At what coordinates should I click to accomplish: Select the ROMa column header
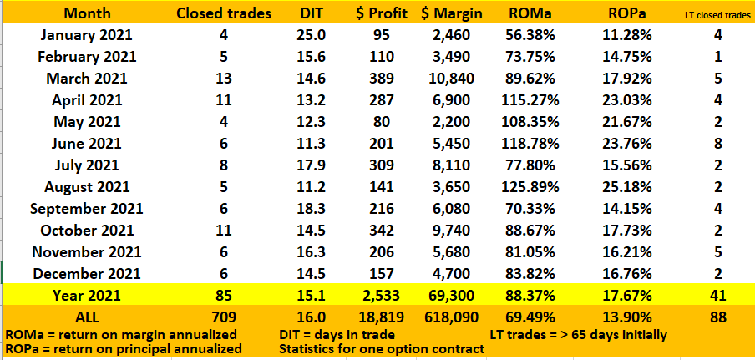coord(528,14)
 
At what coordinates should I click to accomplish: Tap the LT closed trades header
coord(716,15)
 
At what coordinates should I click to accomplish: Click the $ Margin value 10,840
coord(449,78)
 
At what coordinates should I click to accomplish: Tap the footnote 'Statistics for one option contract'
coord(381,349)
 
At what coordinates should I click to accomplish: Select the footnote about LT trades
coord(577,334)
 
